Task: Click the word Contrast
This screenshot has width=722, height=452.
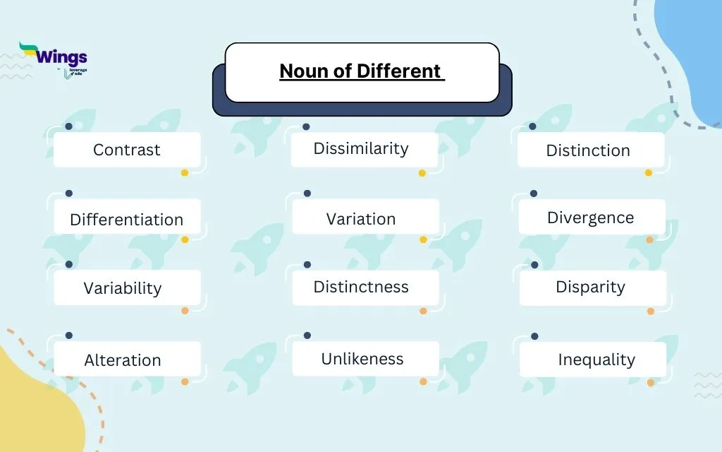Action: [x=127, y=150]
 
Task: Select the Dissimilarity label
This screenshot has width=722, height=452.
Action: [x=361, y=148]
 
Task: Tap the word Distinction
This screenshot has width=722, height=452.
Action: [x=588, y=150]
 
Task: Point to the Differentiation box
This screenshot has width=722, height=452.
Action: [x=127, y=220]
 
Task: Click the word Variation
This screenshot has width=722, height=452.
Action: [x=361, y=219]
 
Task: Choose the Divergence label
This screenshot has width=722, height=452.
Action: [x=591, y=218]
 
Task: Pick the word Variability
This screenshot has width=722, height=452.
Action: [x=123, y=288]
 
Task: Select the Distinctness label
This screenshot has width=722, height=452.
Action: [x=361, y=287]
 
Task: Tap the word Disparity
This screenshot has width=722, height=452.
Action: [x=591, y=287]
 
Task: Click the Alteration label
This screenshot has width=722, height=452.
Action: [x=123, y=360]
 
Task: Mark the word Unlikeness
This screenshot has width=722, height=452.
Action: [x=362, y=359]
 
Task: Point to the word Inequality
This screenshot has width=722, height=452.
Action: [x=596, y=359]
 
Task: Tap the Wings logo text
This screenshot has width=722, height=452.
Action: [x=61, y=57]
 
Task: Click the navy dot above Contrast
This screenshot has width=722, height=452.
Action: [x=68, y=126]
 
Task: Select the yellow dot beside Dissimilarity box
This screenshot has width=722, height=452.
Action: [x=422, y=173]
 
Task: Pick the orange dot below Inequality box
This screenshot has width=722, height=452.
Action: [x=651, y=383]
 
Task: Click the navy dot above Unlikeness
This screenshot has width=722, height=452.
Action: [x=307, y=335]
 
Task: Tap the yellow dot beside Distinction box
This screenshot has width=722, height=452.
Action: [x=649, y=173]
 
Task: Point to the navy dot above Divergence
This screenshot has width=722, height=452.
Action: [x=534, y=194]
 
